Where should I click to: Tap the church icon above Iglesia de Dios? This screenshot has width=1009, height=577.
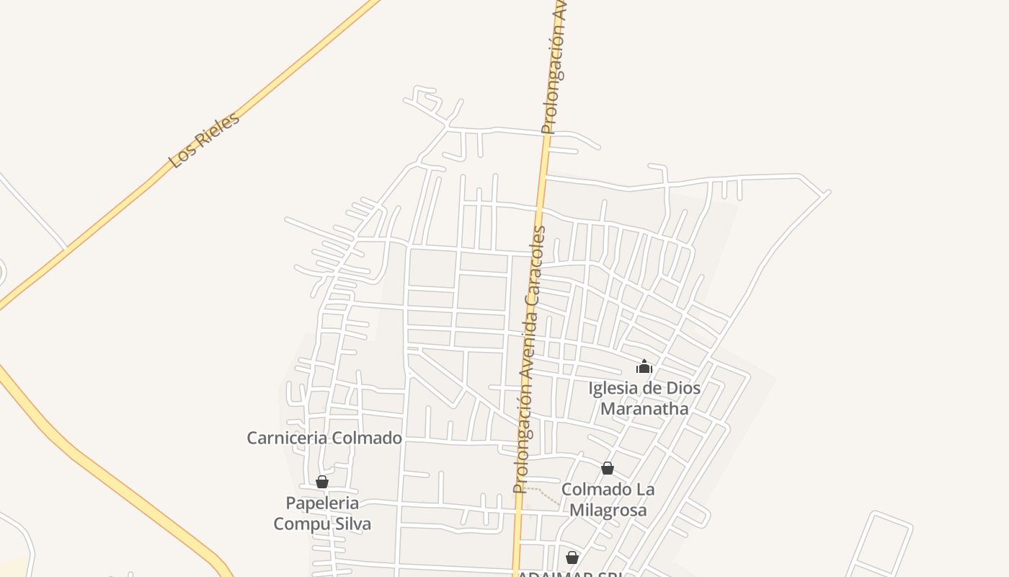coord(644,366)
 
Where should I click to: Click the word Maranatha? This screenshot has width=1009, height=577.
coord(644,409)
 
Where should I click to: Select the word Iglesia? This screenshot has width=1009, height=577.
coord(614,389)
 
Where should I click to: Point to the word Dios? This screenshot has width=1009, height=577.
coord(683,389)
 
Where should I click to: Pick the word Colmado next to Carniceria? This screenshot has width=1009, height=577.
coord(368,438)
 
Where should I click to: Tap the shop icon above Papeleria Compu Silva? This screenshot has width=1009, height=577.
coord(322,482)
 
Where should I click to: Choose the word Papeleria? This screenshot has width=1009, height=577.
coord(322,503)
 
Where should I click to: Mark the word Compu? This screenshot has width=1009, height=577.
coord(296,524)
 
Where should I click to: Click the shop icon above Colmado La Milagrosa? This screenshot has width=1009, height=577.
coord(608,468)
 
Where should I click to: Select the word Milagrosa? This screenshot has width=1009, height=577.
coord(608,510)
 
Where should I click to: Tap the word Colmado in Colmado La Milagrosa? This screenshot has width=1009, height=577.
coord(588,489)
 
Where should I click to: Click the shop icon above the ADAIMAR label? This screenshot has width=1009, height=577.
coord(572,557)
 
